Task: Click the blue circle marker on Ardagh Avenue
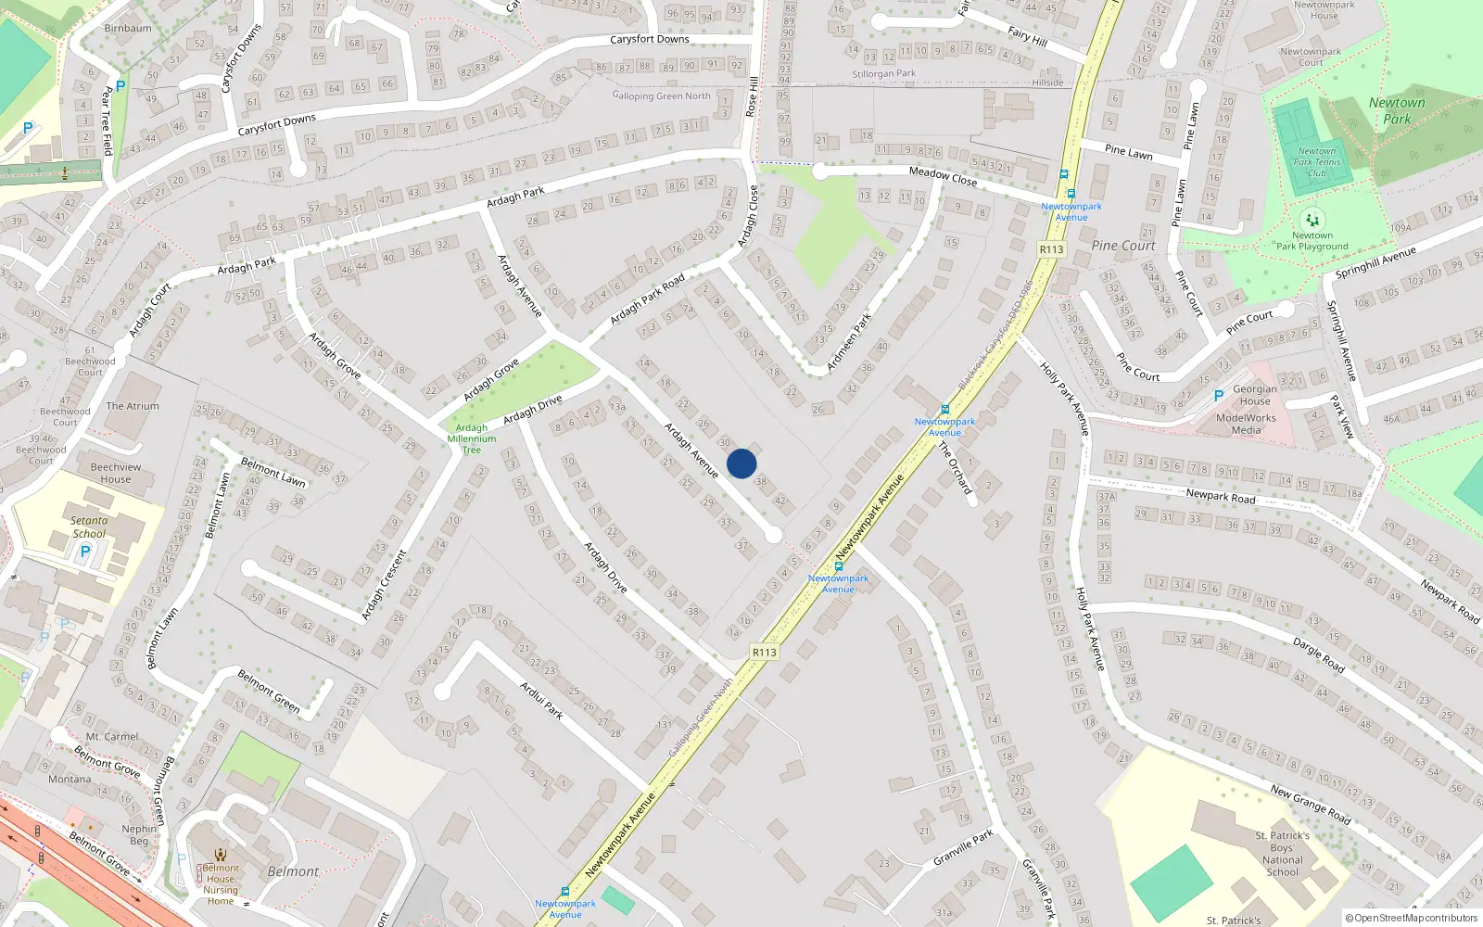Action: (x=741, y=463)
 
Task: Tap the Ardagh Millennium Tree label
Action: (x=472, y=438)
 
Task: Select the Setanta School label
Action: (x=89, y=527)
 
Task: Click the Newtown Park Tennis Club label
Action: (x=1317, y=162)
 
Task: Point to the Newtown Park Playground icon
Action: (x=1312, y=221)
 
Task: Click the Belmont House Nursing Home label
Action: (x=221, y=884)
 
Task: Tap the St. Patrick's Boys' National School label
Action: (x=1283, y=853)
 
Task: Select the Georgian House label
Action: (x=1255, y=395)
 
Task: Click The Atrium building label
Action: (x=133, y=406)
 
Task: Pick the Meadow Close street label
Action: (x=943, y=175)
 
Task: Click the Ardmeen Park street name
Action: (x=849, y=341)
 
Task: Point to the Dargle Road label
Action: (x=1319, y=654)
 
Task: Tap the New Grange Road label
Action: (x=1311, y=804)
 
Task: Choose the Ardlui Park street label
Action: (x=541, y=700)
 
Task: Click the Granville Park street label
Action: (x=964, y=847)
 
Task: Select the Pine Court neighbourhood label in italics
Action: (x=1123, y=246)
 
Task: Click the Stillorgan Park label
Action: (x=884, y=73)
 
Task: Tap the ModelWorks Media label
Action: (x=1246, y=424)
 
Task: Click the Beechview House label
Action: (x=116, y=473)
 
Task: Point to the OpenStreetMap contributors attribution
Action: (x=1412, y=918)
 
